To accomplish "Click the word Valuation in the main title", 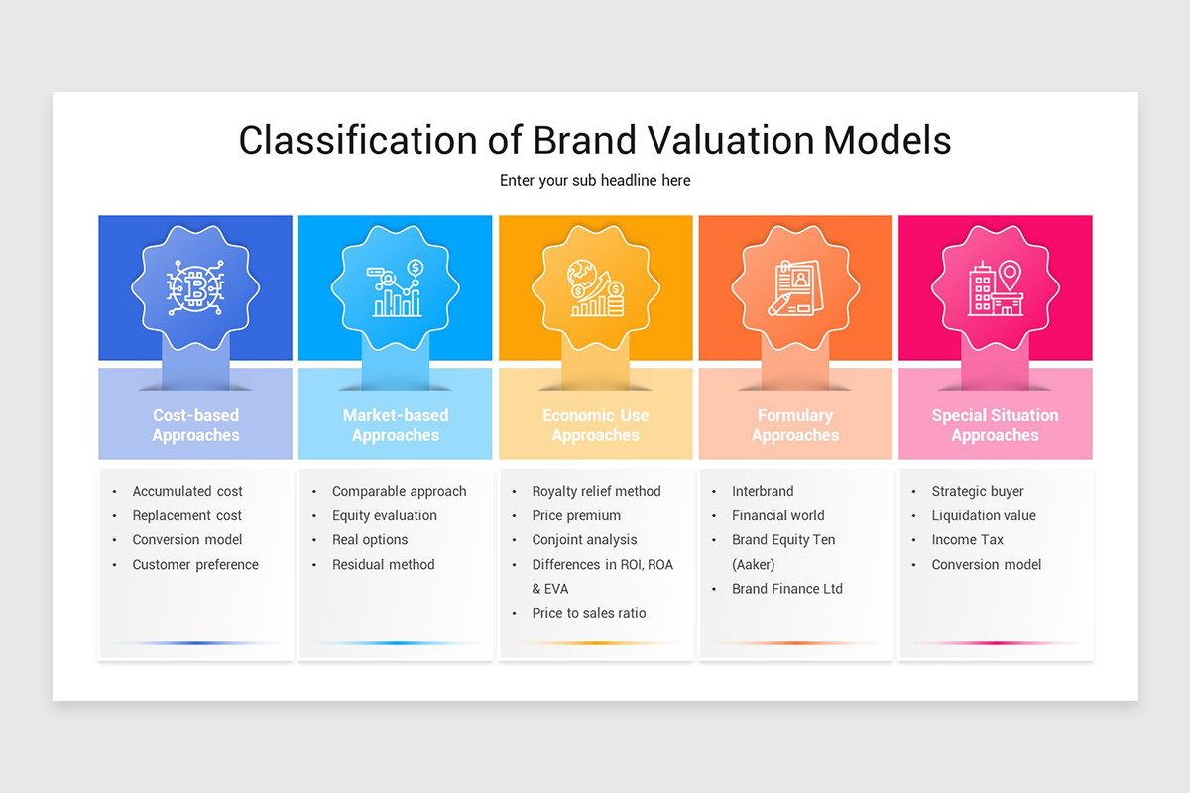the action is (x=731, y=140).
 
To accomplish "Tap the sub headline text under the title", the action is (x=595, y=181).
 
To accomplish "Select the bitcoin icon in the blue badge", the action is (x=195, y=287).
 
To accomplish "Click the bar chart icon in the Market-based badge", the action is (x=396, y=287).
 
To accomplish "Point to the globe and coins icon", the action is (x=596, y=287).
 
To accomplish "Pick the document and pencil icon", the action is (x=795, y=287).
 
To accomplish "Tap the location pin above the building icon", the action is (x=1010, y=276).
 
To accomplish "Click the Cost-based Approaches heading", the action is (x=195, y=425).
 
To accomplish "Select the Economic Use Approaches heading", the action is (x=596, y=425).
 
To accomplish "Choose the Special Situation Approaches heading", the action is (x=995, y=425).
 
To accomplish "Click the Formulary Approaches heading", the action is (x=795, y=425).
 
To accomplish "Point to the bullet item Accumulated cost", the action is (x=187, y=491).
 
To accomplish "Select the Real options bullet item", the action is (x=370, y=539).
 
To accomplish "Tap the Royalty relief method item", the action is (x=597, y=491).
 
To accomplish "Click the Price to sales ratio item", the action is (x=589, y=613).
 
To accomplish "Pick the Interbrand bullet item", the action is (x=763, y=491).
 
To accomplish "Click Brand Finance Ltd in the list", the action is (x=786, y=589).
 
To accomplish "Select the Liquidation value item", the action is (x=984, y=515).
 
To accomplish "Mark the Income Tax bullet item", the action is (x=967, y=539).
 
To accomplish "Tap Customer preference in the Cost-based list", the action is (x=195, y=564).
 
